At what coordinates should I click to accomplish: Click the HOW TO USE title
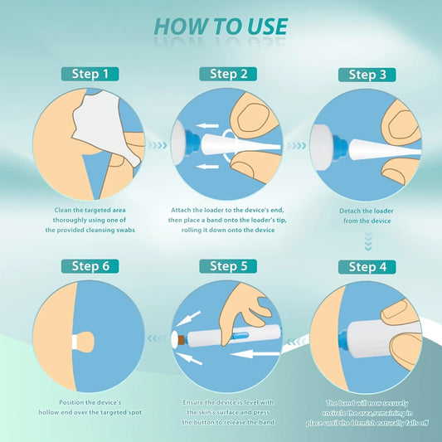[x=221, y=26]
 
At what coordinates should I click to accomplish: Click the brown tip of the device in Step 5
[x=177, y=339]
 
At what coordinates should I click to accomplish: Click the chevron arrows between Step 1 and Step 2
[x=156, y=144]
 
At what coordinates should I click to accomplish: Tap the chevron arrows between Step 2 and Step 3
[x=295, y=144]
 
